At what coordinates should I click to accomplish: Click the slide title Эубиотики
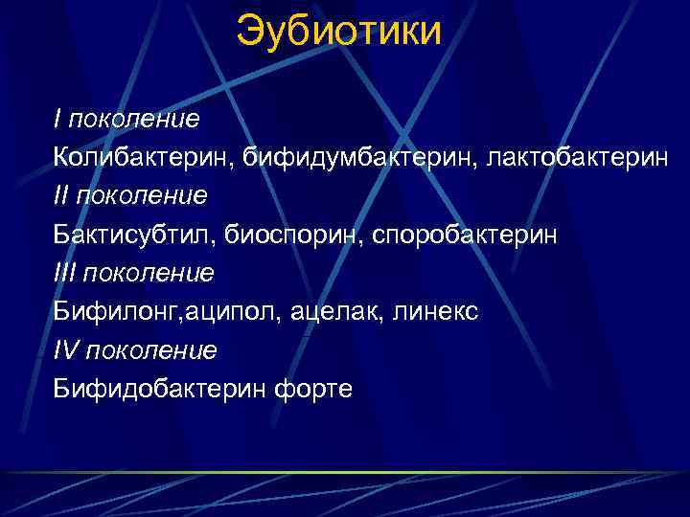pyautogui.click(x=339, y=31)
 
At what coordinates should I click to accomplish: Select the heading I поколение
pyautogui.click(x=126, y=119)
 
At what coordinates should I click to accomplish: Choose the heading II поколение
pyautogui.click(x=130, y=195)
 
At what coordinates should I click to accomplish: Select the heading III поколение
pyautogui.click(x=134, y=273)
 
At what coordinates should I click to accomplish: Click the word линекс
pyautogui.click(x=436, y=312)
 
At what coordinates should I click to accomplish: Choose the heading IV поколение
pyautogui.click(x=136, y=350)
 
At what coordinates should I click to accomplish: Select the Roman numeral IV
pyautogui.click(x=66, y=350)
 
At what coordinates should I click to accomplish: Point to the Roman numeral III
pyautogui.click(x=64, y=273)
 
